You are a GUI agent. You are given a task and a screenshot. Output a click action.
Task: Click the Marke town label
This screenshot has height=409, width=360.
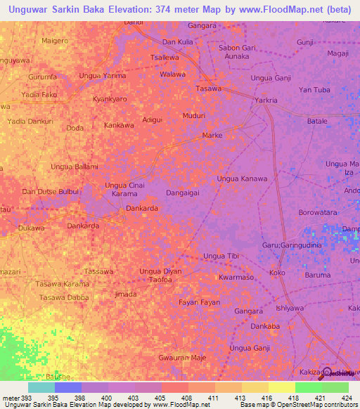[x=212, y=134]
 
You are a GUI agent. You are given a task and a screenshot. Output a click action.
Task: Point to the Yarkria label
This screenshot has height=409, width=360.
[x=266, y=100]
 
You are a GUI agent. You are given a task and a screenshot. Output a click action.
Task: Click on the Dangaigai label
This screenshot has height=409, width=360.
[x=185, y=191]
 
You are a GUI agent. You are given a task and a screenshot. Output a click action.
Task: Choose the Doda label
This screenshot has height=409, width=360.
[x=75, y=128]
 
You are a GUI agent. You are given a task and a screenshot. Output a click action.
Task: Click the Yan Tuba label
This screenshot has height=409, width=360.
[x=314, y=89]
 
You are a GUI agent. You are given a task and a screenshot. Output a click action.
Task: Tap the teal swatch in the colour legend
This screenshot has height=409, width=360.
[x=41, y=387]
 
